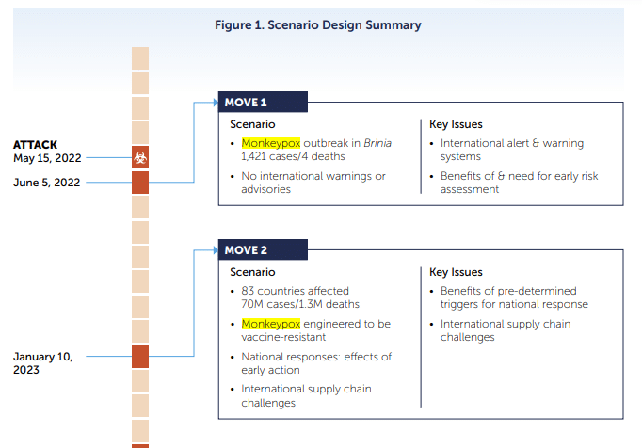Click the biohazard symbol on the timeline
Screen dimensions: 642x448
tap(140, 157)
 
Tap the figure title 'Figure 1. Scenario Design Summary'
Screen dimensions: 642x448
tap(318, 25)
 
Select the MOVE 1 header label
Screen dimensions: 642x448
tap(246, 103)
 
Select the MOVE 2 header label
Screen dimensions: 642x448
tap(246, 249)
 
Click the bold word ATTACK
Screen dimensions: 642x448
tap(35, 145)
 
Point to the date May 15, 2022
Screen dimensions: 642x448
tap(47, 158)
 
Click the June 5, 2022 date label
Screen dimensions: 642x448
tap(47, 183)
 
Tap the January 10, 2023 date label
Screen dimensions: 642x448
tap(42, 363)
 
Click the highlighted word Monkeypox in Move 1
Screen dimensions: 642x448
tap(271, 143)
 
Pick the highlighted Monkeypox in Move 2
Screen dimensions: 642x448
tap(271, 324)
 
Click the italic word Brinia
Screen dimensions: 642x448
tap(377, 143)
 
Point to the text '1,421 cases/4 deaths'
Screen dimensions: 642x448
tap(293, 156)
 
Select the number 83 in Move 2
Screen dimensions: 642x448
tap(248, 291)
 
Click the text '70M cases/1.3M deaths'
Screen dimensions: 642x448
tap(300, 304)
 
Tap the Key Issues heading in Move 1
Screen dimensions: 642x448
tap(456, 124)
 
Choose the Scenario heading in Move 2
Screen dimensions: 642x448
tap(252, 272)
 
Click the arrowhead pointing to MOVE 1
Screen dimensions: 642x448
tap(216, 103)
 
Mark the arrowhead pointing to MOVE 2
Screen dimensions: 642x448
tap(216, 249)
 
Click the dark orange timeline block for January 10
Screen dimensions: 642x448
tap(140, 357)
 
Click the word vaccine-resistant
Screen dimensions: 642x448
tap(283, 337)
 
